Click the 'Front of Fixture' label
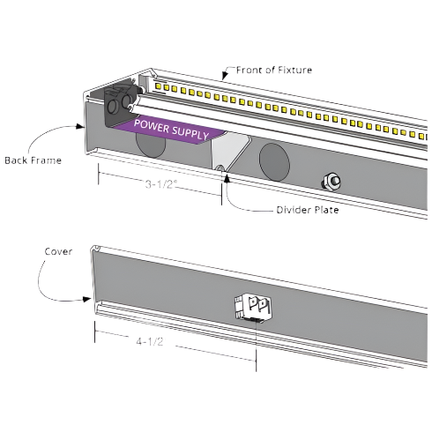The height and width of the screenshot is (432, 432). [274, 70]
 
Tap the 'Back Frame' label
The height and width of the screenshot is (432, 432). [34, 160]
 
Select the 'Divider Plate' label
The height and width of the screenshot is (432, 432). [308, 210]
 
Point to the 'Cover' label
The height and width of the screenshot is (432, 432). [58, 251]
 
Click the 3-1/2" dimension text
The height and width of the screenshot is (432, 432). [161, 184]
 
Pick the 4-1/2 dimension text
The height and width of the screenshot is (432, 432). [150, 341]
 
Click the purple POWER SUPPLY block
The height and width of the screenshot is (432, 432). [170, 130]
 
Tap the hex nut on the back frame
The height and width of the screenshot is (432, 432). [331, 182]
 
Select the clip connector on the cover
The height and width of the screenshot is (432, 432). [253, 308]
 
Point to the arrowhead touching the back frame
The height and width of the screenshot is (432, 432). [80, 126]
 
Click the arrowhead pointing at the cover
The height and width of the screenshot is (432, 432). [86, 299]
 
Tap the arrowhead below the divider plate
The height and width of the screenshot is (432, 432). [227, 178]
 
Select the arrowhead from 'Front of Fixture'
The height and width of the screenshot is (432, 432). [225, 76]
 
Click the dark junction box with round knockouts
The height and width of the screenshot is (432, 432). [119, 106]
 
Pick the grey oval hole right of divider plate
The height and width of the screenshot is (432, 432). [274, 162]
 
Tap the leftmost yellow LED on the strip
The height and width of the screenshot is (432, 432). [158, 86]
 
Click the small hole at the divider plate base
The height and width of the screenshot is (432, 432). [220, 168]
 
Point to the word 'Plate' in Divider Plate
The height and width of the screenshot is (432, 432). [326, 210]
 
